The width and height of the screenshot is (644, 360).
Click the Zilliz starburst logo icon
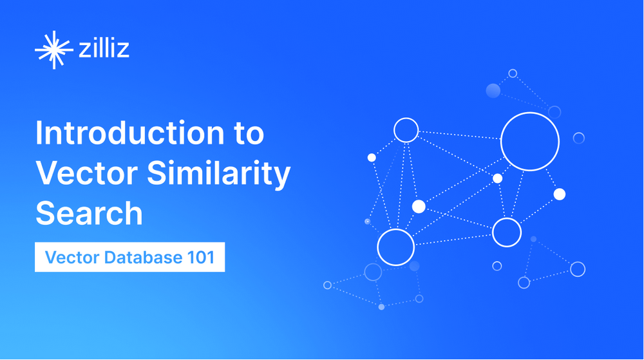tap(53, 50)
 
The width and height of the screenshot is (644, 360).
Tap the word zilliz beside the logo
tap(104, 48)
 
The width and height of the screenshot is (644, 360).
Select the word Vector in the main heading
tap(87, 173)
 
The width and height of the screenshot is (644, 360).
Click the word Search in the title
tap(89, 213)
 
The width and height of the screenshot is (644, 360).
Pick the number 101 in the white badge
tap(200, 258)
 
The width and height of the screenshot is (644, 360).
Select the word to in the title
tap(249, 134)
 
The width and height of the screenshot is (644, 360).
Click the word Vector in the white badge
tap(72, 258)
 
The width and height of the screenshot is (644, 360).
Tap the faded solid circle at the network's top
tap(493, 90)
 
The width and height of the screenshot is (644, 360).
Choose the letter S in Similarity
tap(157, 173)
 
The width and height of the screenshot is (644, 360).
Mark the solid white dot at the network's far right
tap(560, 194)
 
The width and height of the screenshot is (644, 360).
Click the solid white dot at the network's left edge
tap(372, 158)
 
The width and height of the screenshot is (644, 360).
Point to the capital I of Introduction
tap(39, 133)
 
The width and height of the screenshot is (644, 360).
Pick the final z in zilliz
tap(123, 50)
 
